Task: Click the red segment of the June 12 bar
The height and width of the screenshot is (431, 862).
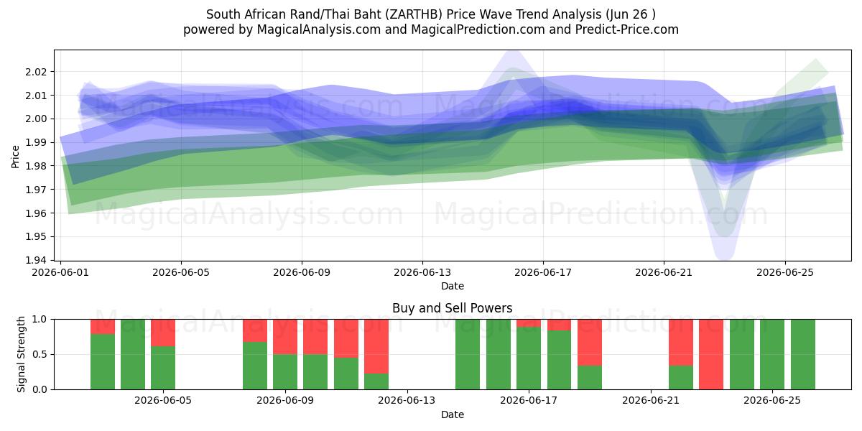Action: point(376,346)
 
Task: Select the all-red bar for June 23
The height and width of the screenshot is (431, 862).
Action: point(711,354)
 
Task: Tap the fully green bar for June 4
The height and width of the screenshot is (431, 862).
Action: point(133,354)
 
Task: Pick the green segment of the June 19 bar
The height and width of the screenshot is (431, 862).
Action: point(590,378)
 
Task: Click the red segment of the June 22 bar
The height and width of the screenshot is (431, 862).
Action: point(681,343)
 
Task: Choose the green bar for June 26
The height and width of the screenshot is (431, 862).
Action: point(803,354)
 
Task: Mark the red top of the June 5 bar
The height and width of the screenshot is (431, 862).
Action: point(163,333)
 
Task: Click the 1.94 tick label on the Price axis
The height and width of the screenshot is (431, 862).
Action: point(36,261)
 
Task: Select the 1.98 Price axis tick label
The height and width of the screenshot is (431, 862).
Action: point(36,166)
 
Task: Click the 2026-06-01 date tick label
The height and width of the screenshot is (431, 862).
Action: point(60,272)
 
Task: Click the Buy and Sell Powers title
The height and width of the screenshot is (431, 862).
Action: point(452,308)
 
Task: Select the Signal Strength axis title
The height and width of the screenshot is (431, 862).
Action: point(21,354)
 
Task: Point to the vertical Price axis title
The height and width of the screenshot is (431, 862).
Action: point(15,157)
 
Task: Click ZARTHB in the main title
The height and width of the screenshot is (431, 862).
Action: point(416,14)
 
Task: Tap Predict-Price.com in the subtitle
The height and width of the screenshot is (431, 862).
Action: point(627,29)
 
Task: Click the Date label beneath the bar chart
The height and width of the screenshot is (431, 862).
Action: point(452,415)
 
